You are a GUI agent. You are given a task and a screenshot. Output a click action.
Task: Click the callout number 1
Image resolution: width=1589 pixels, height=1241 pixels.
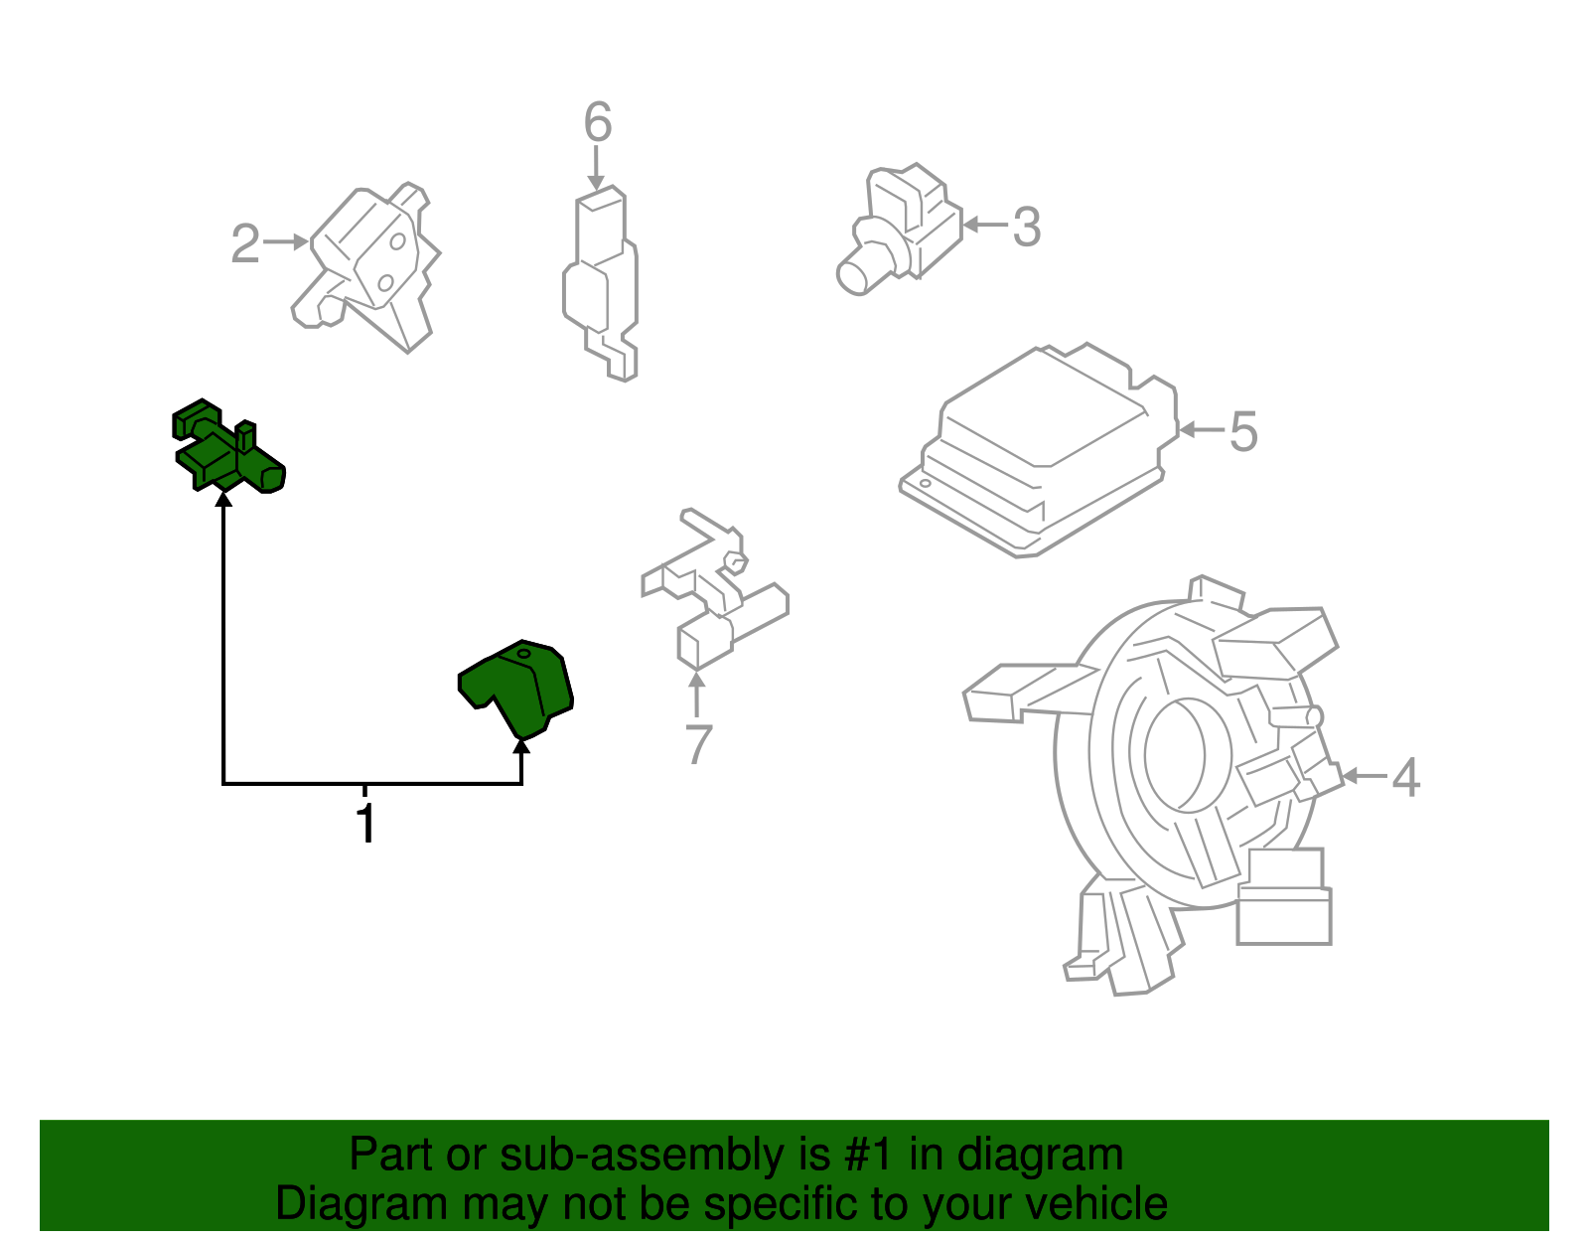tap(365, 823)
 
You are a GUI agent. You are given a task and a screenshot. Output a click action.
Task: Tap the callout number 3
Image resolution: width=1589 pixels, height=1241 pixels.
tap(1027, 227)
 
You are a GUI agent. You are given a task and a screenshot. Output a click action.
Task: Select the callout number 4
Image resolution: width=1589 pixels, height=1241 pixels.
tap(1405, 777)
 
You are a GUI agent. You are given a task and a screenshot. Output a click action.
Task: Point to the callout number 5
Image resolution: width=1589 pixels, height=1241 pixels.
tap(1243, 431)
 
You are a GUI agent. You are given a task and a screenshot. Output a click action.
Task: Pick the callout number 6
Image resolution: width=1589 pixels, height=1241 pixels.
tap(598, 122)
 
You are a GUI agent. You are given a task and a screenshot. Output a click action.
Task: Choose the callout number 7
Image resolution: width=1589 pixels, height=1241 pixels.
tap(698, 744)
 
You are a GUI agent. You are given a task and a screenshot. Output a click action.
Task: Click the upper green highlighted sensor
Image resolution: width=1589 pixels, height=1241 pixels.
tap(226, 446)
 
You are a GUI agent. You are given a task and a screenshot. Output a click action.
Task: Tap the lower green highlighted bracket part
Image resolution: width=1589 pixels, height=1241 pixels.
tap(516, 688)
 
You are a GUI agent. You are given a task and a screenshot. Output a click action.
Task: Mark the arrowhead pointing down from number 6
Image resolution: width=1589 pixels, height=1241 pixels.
tap(597, 182)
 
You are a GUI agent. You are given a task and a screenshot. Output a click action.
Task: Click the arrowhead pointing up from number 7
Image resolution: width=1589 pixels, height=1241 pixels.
tap(697, 680)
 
